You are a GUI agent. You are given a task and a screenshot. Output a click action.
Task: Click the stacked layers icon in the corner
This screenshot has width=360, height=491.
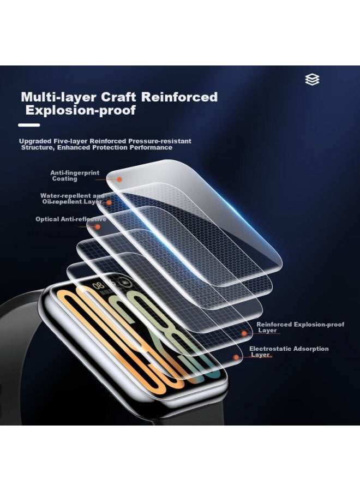[312, 80]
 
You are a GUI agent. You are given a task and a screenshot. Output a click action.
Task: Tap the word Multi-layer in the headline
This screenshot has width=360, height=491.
[58, 97]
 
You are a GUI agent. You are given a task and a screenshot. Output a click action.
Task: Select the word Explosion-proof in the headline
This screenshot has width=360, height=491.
[81, 110]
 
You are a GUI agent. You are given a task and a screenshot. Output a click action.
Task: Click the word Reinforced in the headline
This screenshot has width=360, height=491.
[179, 97]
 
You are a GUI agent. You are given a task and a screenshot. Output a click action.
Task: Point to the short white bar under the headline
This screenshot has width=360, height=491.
[29, 125]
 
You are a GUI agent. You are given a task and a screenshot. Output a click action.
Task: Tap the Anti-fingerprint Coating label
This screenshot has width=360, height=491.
[75, 176]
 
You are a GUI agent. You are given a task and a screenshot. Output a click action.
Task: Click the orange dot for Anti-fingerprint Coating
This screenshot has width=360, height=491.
[119, 179]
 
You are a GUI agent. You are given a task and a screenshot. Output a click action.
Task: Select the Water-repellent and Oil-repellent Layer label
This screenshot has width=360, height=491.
[73, 199]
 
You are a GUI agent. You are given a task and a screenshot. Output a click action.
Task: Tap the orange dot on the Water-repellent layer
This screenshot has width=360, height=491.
[109, 202]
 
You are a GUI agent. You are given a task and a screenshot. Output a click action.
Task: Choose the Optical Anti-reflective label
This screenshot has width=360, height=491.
[71, 219]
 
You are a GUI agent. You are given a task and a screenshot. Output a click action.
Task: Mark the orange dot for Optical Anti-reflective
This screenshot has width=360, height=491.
[98, 226]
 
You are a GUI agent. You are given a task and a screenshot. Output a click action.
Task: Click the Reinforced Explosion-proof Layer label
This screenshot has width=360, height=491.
[300, 327]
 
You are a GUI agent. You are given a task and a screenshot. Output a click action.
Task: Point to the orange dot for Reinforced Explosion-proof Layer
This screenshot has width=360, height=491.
[244, 334]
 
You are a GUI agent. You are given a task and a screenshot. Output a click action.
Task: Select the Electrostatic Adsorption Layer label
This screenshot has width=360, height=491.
[289, 351]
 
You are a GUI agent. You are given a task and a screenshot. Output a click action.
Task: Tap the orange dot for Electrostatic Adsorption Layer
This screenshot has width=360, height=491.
[236, 357]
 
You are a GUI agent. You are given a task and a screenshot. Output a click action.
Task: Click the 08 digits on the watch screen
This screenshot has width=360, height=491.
[98, 285]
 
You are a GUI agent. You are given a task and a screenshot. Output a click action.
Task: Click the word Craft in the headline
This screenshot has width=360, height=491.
[118, 97]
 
